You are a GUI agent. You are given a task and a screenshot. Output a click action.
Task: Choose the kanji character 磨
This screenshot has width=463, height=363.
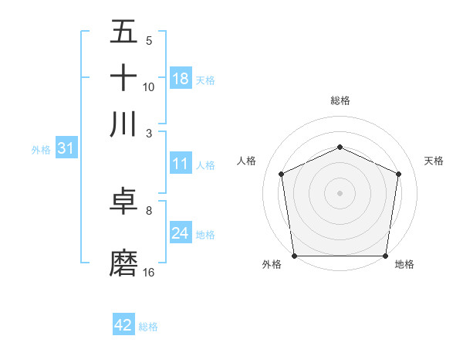point(124,263)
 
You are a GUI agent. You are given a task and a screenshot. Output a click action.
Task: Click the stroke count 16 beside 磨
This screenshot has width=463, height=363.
point(149,272)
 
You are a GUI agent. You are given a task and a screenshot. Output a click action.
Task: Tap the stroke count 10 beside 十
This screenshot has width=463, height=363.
point(149,87)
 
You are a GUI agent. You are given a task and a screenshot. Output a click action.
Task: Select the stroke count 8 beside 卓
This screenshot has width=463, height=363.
point(149,209)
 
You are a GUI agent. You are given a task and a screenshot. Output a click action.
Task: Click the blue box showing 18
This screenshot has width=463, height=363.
point(181,78)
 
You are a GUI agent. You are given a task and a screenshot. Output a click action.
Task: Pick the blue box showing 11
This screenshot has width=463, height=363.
point(181,164)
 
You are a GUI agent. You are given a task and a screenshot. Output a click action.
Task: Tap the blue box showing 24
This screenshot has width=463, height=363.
point(181,233)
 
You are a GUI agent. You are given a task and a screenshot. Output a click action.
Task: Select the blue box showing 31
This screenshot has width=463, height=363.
point(66,149)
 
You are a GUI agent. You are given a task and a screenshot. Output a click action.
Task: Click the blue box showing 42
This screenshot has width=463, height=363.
point(123,325)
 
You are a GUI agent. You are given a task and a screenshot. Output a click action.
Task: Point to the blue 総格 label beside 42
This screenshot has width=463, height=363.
point(148,327)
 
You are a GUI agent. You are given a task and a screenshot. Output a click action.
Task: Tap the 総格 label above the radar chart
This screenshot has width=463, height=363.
point(340,100)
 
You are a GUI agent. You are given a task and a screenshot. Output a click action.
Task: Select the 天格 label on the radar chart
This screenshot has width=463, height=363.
point(434,161)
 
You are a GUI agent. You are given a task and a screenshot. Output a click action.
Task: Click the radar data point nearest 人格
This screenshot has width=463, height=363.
point(282,174)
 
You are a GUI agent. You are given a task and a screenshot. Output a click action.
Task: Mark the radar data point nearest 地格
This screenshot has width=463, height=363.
point(385,256)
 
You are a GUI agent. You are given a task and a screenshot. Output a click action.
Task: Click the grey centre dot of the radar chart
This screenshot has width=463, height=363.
point(340,192)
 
